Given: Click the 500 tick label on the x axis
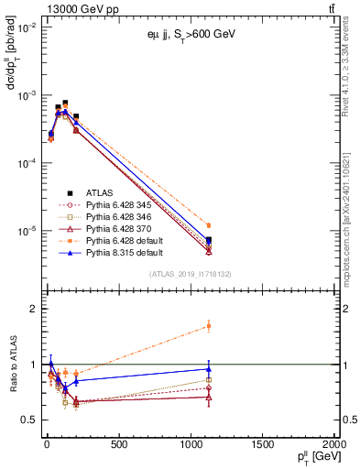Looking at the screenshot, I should click(117, 446).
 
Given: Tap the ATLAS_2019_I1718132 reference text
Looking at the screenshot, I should click(190, 274).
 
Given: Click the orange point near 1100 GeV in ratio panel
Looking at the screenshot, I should click(209, 326).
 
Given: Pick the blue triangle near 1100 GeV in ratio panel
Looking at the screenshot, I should click(209, 369).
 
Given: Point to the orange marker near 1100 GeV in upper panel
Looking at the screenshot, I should click(209, 225).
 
